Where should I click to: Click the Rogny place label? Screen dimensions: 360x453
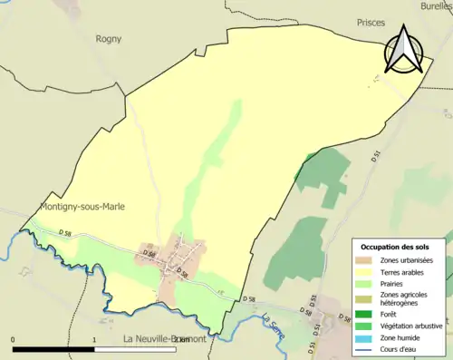pyautogui.click(x=109, y=39)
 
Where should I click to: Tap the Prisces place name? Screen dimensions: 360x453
pyautogui.click(x=371, y=22)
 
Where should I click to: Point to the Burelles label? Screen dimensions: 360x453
pyautogui.click(x=436, y=5)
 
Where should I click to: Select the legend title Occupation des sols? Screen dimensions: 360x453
pyautogui.click(x=395, y=247)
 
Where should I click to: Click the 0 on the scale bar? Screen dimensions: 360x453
pyautogui.click(x=13, y=340)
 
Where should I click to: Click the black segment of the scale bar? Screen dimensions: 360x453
pyautogui.click(x=54, y=349)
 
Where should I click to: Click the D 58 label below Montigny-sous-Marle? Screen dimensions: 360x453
pyautogui.click(x=65, y=234)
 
